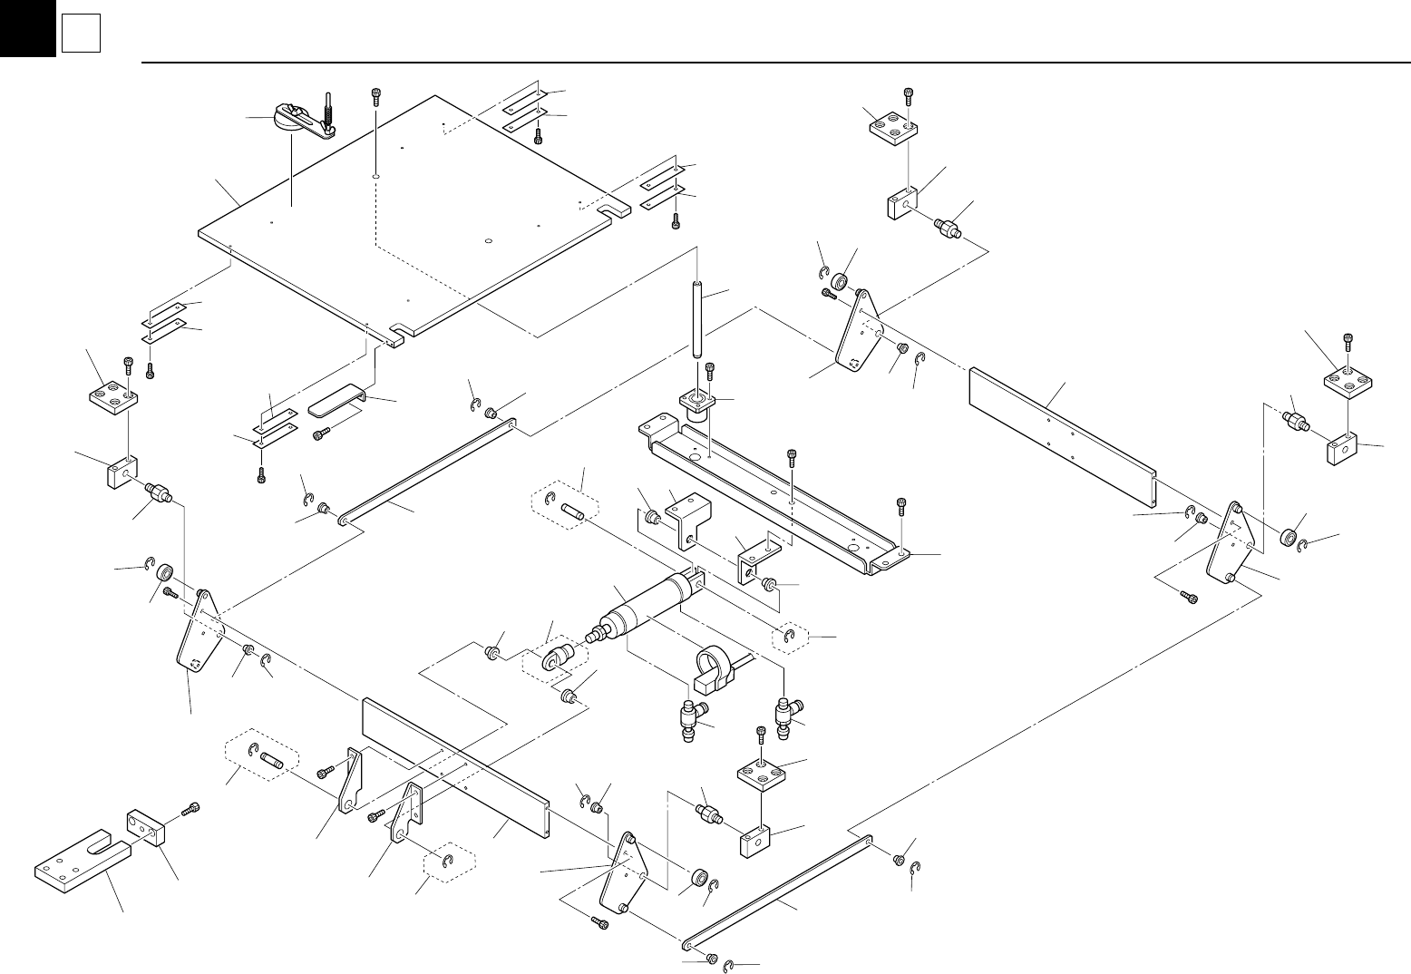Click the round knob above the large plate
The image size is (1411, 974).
tap(289, 117)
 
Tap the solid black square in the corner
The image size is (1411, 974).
tap(27, 27)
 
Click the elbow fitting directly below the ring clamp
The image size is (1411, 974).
tap(694, 716)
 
